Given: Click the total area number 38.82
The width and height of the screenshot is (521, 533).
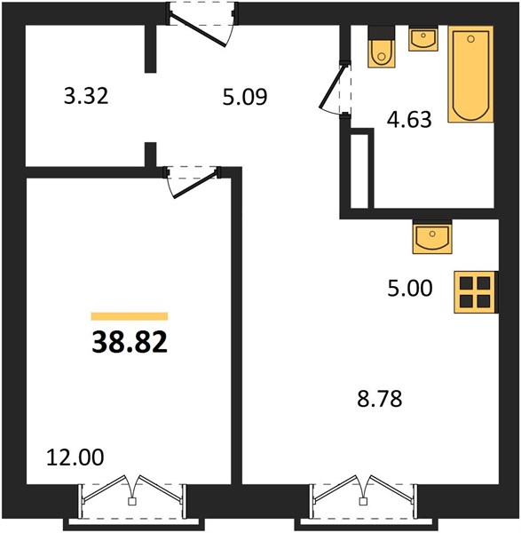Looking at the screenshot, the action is click(130, 342).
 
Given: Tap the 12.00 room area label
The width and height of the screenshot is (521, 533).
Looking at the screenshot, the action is click(75, 457).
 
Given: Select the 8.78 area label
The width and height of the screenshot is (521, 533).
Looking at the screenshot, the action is click(379, 399).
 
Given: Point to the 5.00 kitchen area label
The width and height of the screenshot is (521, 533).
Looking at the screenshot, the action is click(410, 288).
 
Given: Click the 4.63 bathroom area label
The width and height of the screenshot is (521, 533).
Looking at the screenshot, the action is click(409, 119).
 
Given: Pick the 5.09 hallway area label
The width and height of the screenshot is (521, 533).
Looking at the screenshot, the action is click(245, 97).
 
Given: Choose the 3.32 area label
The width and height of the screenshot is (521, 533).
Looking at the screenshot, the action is click(86, 96).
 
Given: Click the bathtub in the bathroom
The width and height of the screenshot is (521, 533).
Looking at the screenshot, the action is click(470, 74).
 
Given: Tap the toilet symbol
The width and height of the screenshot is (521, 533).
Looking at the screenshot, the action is click(382, 46).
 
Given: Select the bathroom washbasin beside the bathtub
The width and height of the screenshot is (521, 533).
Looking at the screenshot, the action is click(423, 39).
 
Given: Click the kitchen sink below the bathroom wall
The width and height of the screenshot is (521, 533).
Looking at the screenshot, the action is click(432, 237).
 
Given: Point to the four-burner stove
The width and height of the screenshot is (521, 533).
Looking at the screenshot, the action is click(476, 292).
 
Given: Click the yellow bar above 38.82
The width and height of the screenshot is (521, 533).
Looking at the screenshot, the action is click(130, 316).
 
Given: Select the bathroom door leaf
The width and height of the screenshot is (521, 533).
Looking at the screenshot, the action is click(332, 86).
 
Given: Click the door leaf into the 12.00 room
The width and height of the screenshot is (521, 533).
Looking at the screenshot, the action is click(194, 186).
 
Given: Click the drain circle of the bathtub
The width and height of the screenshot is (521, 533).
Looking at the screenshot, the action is click(470, 39).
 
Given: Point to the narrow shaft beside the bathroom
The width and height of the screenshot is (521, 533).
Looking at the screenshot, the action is click(359, 171).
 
